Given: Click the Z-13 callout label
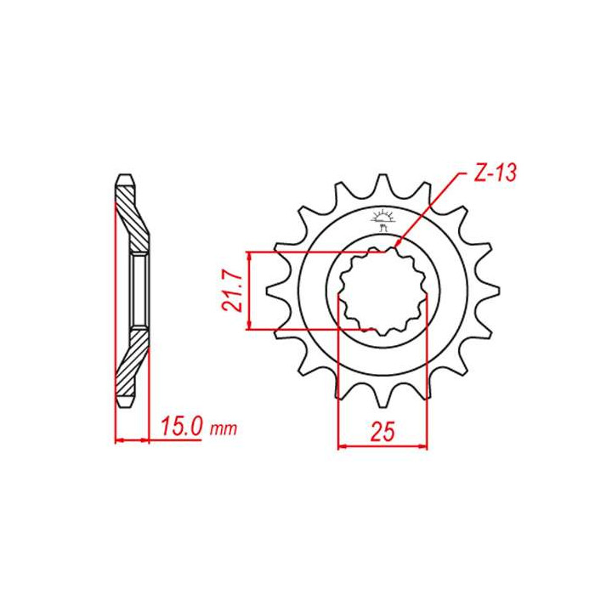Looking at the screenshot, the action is tap(495, 173).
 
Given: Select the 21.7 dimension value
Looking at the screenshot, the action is tap(231, 291).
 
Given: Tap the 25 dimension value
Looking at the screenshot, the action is tap(382, 431).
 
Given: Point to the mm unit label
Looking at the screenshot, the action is tap(224, 429).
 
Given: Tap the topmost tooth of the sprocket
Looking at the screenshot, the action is tap(382, 184).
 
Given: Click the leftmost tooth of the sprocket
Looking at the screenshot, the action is tap(276, 291).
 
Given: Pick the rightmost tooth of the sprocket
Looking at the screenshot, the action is tap(490, 291).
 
